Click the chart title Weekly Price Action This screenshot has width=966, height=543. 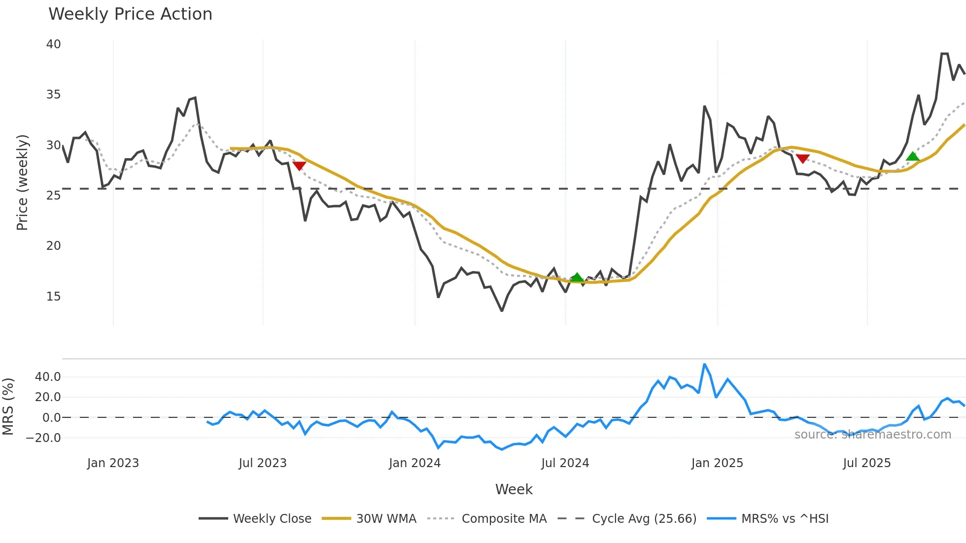pyautogui.click(x=130, y=14)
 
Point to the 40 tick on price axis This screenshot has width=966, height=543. pyautogui.click(x=53, y=44)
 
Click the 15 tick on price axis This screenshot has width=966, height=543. pyautogui.click(x=53, y=297)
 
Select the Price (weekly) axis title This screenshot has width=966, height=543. pyautogui.click(x=22, y=182)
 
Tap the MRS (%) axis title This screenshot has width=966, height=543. pyautogui.click(x=8, y=407)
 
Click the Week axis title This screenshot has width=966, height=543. pyautogui.click(x=514, y=489)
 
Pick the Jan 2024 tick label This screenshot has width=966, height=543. pyautogui.click(x=414, y=463)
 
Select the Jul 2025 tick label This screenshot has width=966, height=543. pyautogui.click(x=866, y=463)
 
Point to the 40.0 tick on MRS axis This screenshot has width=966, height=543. pyautogui.click(x=48, y=377)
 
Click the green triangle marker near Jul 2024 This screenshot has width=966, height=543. pyautogui.click(x=577, y=277)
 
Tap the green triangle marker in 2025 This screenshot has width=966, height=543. pyautogui.click(x=913, y=157)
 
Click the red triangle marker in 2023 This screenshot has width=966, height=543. pyautogui.click(x=299, y=166)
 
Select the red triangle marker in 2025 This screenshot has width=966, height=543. pyautogui.click(x=803, y=159)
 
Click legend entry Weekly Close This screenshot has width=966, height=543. pyautogui.click(x=255, y=519)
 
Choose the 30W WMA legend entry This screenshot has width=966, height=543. pyautogui.click(x=369, y=519)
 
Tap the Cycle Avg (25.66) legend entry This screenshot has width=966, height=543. pyautogui.click(x=627, y=519)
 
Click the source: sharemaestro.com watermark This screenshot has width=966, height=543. pyautogui.click(x=872, y=435)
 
